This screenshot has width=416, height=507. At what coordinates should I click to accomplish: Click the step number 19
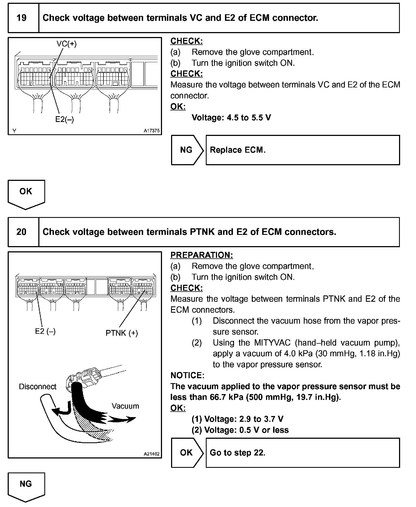22,18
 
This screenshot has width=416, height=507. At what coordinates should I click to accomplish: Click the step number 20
22,232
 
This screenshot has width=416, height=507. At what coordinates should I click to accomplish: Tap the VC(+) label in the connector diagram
67,44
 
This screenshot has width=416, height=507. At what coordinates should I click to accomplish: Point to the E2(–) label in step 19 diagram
65,119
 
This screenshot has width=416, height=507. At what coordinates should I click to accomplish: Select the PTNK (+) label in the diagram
122,333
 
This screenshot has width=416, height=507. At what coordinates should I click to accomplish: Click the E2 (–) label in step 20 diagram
45,331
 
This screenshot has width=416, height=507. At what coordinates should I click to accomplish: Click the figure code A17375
152,131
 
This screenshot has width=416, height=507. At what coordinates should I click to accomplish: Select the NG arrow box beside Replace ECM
186,150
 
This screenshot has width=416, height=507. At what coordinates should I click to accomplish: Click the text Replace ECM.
238,150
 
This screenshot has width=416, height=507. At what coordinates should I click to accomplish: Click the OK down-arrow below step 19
26,192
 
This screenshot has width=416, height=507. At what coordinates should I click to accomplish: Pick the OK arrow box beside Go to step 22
186,453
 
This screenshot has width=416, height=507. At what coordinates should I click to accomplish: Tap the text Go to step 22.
238,453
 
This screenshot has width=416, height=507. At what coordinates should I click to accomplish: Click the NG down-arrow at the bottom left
26,485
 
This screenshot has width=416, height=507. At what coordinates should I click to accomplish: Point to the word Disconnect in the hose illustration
37,387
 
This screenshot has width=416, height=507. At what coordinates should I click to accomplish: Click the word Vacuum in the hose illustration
125,406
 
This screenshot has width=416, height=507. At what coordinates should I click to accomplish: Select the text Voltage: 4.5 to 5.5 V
231,118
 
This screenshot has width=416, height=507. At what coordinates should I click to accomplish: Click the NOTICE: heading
187,375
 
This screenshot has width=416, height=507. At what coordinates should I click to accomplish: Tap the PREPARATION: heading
202,255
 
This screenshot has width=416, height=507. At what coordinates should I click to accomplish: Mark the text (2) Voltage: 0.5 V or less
240,430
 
